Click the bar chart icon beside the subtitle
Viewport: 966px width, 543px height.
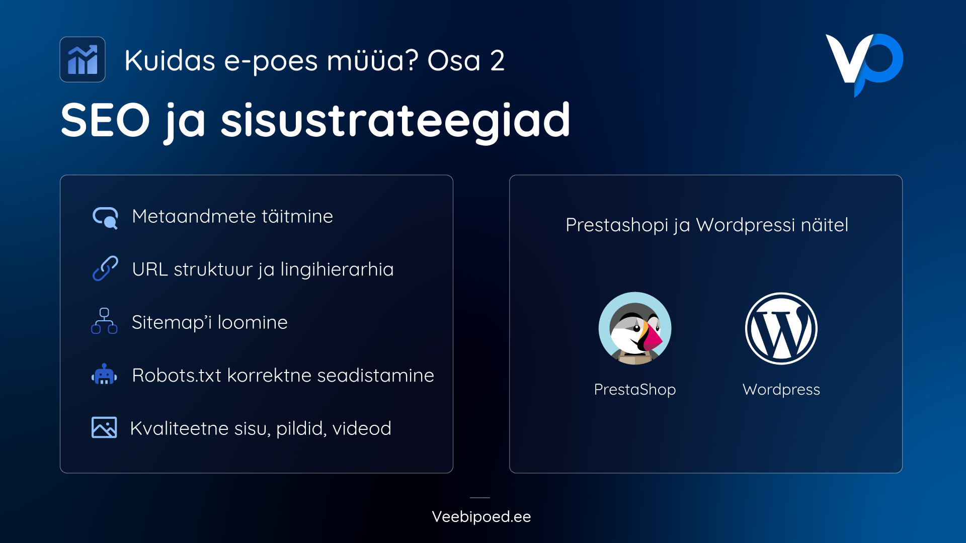pyautogui.click(x=83, y=59)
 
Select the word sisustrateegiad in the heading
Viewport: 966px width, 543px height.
pyautogui.click(x=395, y=121)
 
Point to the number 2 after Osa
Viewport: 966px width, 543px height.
pyautogui.click(x=497, y=61)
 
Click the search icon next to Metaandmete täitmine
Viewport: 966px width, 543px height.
pyautogui.click(x=105, y=218)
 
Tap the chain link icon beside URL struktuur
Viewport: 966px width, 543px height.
pyautogui.click(x=105, y=268)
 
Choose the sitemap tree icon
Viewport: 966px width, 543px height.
pyautogui.click(x=104, y=321)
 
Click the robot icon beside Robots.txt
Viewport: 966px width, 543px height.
pyautogui.click(x=104, y=375)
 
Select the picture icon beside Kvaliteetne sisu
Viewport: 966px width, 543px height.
pyautogui.click(x=104, y=427)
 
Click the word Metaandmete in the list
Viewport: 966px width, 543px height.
pyautogui.click(x=194, y=216)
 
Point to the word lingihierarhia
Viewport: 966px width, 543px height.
pyautogui.click(x=337, y=269)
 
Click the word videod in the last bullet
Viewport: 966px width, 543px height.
pyautogui.click(x=361, y=428)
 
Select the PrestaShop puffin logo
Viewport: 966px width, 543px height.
pyautogui.click(x=635, y=328)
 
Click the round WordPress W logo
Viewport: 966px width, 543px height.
pyautogui.click(x=781, y=328)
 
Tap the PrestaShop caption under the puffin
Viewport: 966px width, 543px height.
pyautogui.click(x=635, y=390)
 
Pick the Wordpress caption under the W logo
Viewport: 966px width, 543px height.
pyautogui.click(x=781, y=390)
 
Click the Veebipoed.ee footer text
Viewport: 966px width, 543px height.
pyautogui.click(x=481, y=517)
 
